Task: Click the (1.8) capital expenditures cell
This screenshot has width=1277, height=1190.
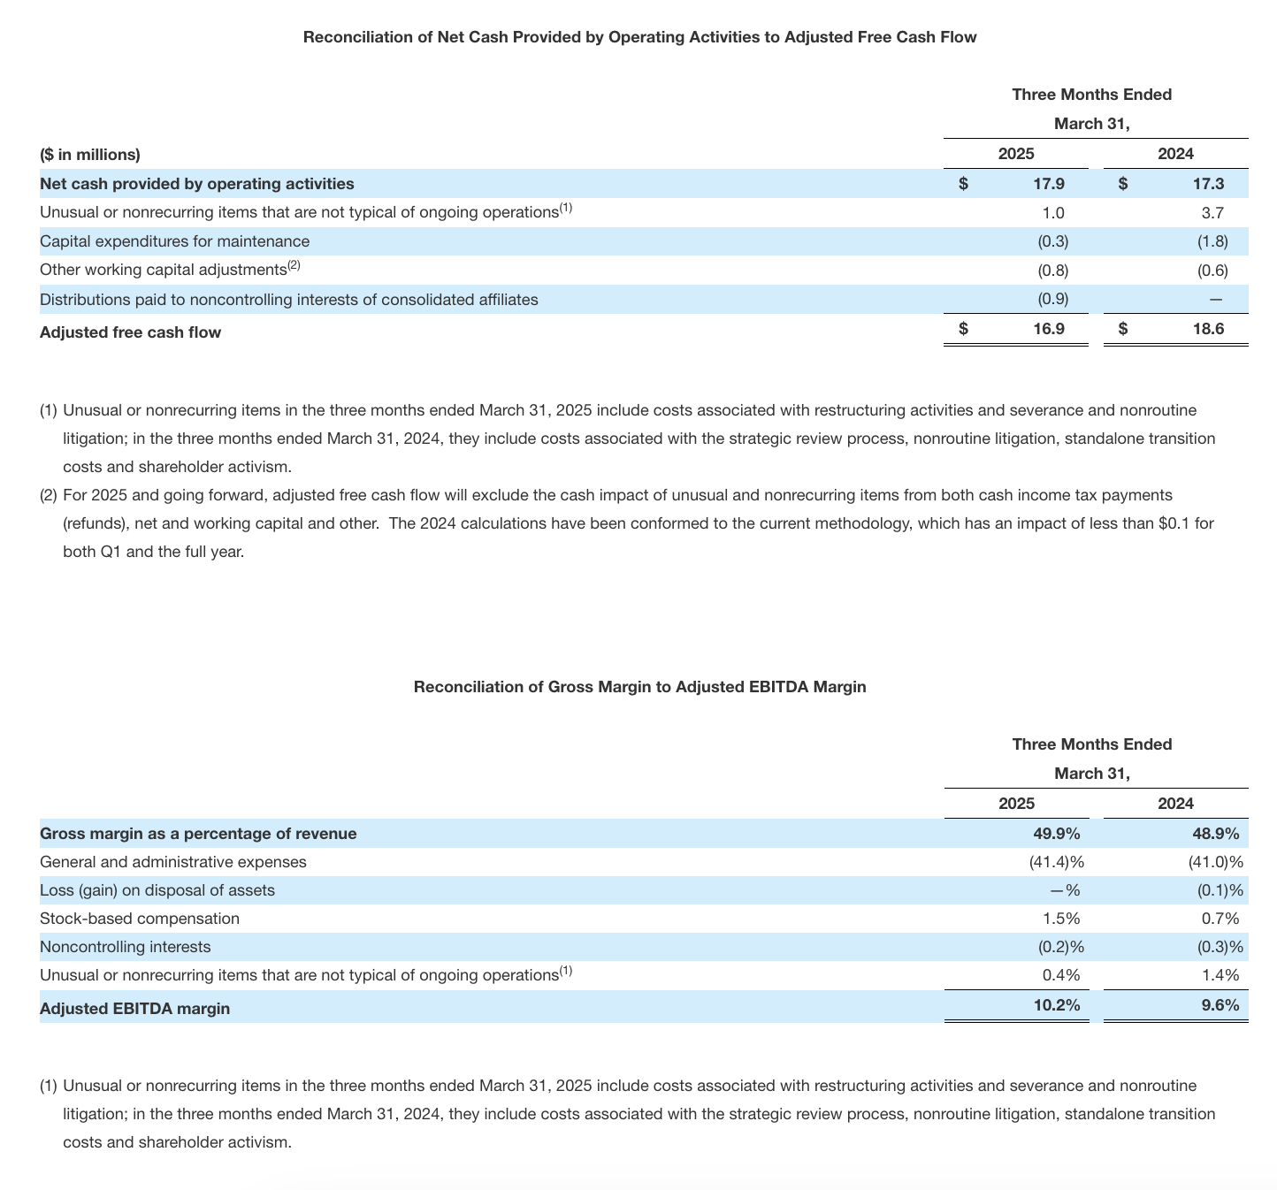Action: click(x=1212, y=241)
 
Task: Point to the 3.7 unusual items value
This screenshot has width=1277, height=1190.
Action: click(x=1212, y=212)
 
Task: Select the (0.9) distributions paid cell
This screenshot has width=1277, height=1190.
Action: click(x=1052, y=299)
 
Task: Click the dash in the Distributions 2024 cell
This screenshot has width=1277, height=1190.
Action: click(x=1216, y=300)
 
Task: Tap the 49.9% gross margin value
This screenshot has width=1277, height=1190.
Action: click(x=1057, y=833)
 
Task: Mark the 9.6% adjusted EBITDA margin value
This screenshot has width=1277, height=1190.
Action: click(x=1219, y=1005)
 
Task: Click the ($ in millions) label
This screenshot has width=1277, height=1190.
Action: click(x=90, y=155)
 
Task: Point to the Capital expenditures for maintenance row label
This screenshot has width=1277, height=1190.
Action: click(x=175, y=241)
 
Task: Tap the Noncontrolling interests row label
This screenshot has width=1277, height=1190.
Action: click(x=126, y=947)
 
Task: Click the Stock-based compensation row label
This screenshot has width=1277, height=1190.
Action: click(x=140, y=919)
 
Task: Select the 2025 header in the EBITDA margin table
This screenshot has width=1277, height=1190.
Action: click(x=1016, y=804)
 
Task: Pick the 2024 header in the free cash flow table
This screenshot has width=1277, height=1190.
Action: click(x=1175, y=154)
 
